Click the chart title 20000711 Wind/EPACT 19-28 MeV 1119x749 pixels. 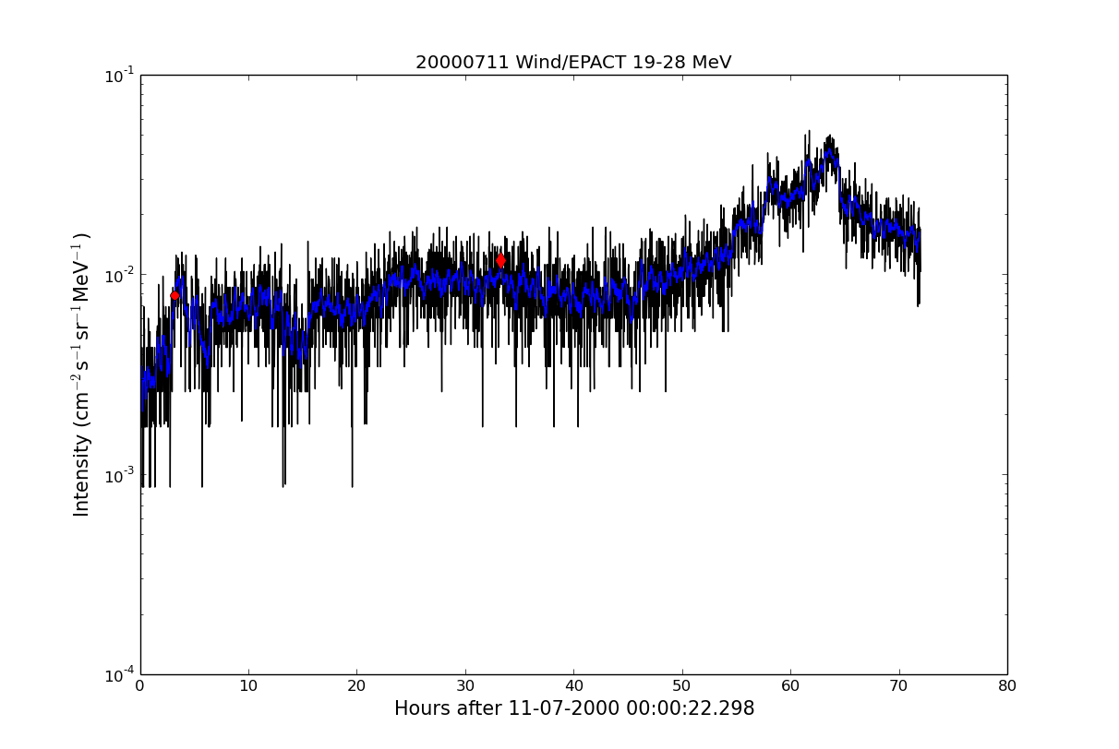pyautogui.click(x=572, y=63)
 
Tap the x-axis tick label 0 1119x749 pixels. pyautogui.click(x=140, y=686)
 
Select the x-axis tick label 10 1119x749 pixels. pyautogui.click(x=248, y=686)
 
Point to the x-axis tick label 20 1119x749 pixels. pyautogui.click(x=356, y=686)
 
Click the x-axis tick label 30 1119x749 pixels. pyautogui.click(x=465, y=686)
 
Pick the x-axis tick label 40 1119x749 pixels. pyautogui.click(x=573, y=686)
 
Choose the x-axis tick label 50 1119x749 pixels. pyautogui.click(x=682, y=686)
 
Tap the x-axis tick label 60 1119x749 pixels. pyautogui.click(x=790, y=686)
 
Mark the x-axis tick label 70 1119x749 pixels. pyautogui.click(x=898, y=686)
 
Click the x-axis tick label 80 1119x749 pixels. pyautogui.click(x=1007, y=686)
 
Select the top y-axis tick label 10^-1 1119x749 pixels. pyautogui.click(x=119, y=75)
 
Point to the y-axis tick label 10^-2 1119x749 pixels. pyautogui.click(x=119, y=275)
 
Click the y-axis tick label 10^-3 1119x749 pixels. pyautogui.click(x=119, y=475)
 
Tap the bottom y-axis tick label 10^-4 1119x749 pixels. pyautogui.click(x=119, y=674)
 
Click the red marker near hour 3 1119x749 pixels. pyautogui.click(x=174, y=295)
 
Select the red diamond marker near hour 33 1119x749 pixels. pyautogui.click(x=500, y=260)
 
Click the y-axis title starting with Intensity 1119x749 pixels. pyautogui.click(x=82, y=374)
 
